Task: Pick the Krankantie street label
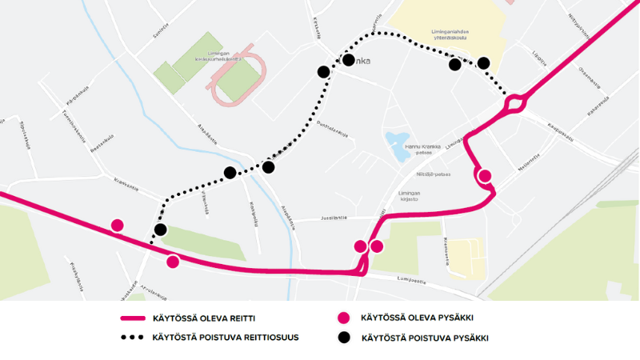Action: (127, 184)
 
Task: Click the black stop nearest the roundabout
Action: (484, 63)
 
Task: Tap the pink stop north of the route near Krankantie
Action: (118, 225)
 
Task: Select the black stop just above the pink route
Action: (160, 230)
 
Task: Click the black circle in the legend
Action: (344, 338)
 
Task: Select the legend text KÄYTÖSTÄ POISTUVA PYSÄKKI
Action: (424, 338)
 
